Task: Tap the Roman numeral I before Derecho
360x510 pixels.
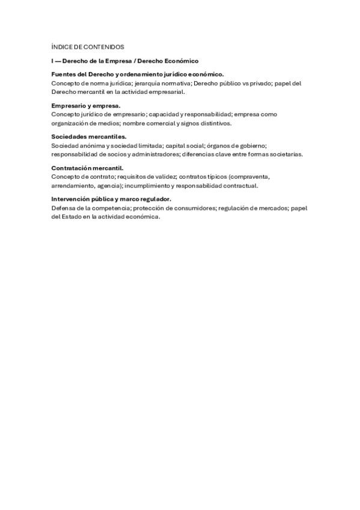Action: click(52, 61)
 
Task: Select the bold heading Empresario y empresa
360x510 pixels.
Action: click(86, 106)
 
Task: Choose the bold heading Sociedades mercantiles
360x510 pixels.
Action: click(89, 137)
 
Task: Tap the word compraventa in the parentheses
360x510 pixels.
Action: click(251, 177)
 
